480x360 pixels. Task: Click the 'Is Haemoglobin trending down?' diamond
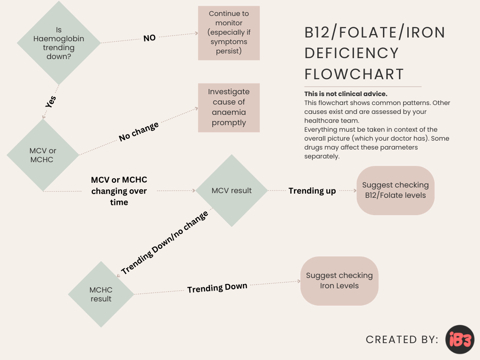tap(59, 43)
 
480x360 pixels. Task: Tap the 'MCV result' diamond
tap(232, 191)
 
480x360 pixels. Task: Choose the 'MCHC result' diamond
tap(101, 294)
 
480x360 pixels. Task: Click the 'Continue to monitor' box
tap(229, 33)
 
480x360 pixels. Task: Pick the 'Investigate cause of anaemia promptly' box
tap(229, 107)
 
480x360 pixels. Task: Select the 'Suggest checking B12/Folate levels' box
tap(395, 190)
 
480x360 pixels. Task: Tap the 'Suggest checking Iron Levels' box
tap(339, 281)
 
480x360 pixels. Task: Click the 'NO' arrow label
tap(150, 38)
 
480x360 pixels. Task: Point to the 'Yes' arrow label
tap(51, 102)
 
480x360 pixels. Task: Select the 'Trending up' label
tap(312, 191)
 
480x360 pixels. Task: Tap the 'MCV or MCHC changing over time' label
tap(119, 191)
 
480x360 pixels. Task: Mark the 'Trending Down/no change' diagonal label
tap(164, 243)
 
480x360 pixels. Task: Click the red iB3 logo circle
tap(460, 339)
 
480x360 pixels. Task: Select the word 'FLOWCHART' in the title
tap(354, 74)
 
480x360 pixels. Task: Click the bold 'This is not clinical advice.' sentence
tap(346, 94)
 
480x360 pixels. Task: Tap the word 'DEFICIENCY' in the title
tap(352, 53)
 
